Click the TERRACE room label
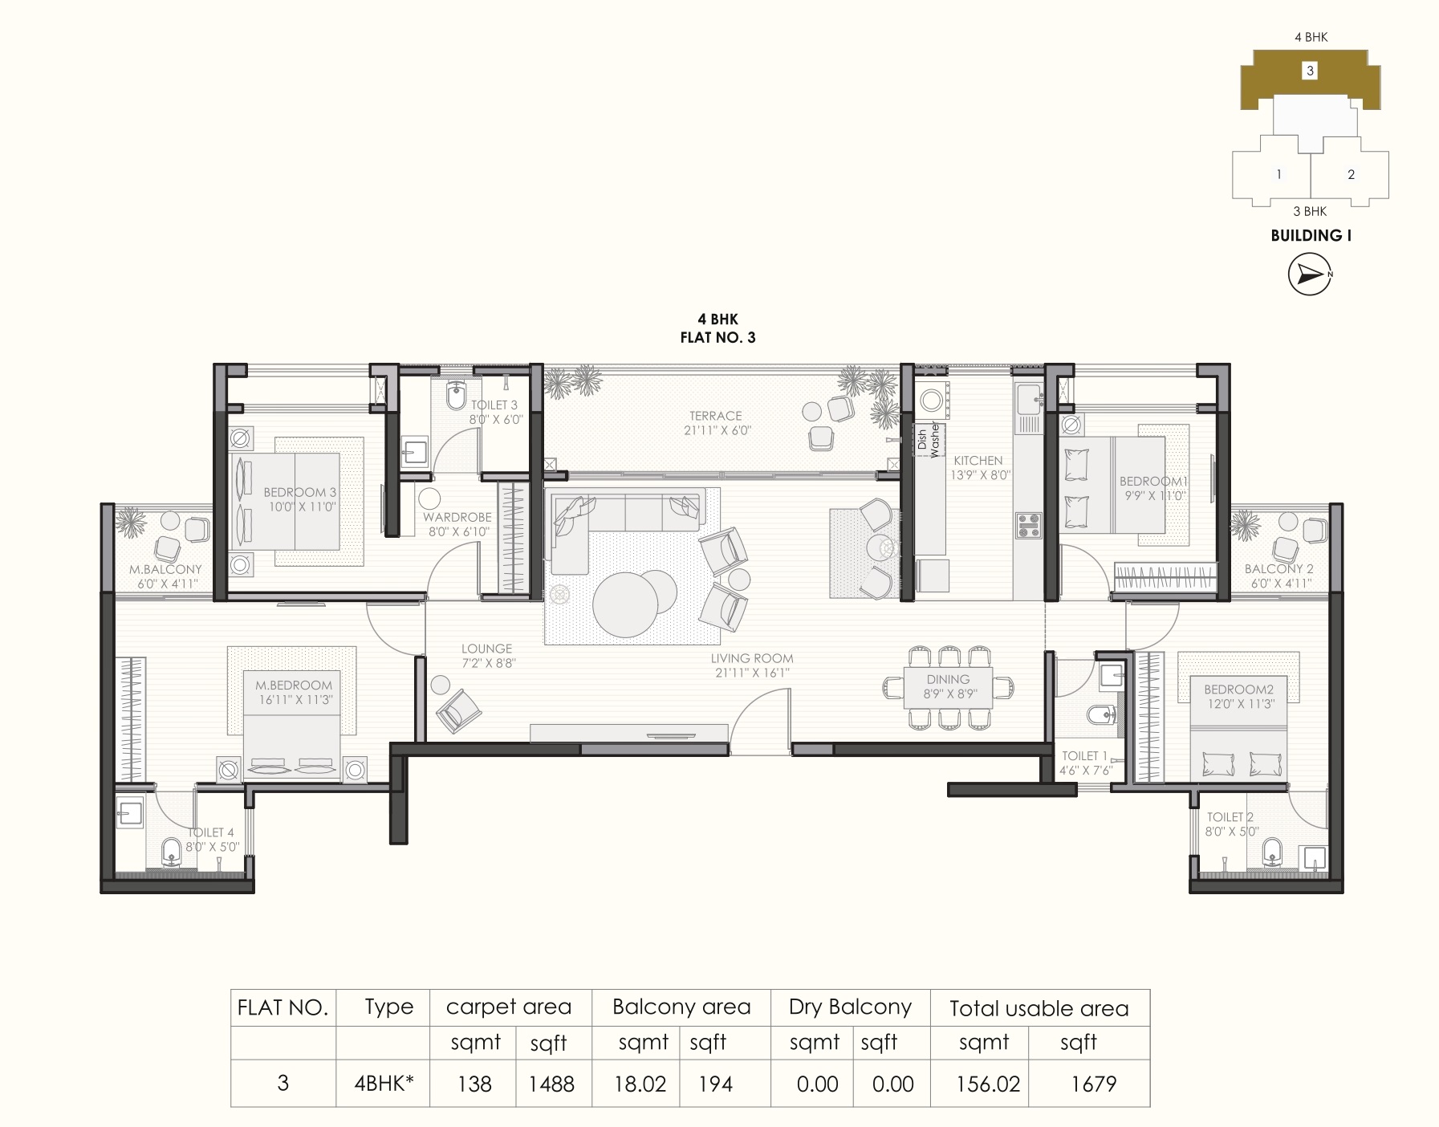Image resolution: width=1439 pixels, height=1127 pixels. (x=715, y=423)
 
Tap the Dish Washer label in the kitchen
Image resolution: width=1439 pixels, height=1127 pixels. (x=928, y=439)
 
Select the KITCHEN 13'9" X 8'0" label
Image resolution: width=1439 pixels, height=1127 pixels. (x=978, y=467)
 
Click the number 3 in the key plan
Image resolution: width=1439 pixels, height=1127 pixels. (x=1310, y=71)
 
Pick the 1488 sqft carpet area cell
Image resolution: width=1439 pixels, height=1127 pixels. (x=551, y=1084)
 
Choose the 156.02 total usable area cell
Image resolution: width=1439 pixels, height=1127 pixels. (x=988, y=1084)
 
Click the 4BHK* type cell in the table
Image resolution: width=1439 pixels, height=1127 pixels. (x=384, y=1084)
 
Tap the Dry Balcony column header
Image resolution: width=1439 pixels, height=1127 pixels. (x=850, y=1007)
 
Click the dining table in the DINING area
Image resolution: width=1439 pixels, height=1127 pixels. (x=949, y=687)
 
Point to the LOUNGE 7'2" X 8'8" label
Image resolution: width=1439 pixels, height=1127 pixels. (x=487, y=656)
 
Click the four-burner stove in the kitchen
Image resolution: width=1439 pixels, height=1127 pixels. (x=1028, y=525)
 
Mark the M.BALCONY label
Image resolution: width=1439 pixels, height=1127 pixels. (x=165, y=576)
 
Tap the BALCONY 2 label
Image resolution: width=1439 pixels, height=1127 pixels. (x=1279, y=576)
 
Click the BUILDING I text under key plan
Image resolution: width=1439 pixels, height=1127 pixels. (x=1311, y=235)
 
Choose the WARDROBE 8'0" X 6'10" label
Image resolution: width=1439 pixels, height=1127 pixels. (x=457, y=524)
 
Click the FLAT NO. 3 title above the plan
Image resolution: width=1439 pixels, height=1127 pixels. (x=717, y=338)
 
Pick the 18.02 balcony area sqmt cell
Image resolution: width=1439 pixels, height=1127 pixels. (x=640, y=1084)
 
